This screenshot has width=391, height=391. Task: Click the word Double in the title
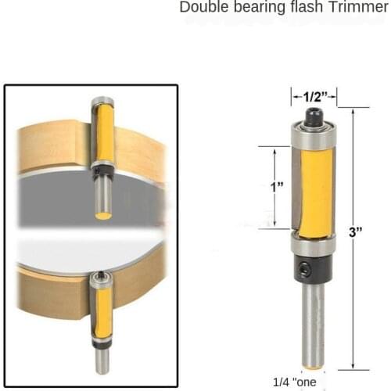point(203,8)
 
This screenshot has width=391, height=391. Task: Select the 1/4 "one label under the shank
point(294,382)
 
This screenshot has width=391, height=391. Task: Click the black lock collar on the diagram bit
point(314,270)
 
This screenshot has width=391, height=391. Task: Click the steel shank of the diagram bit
point(314,321)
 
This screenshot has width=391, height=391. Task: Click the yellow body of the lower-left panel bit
point(102,313)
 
